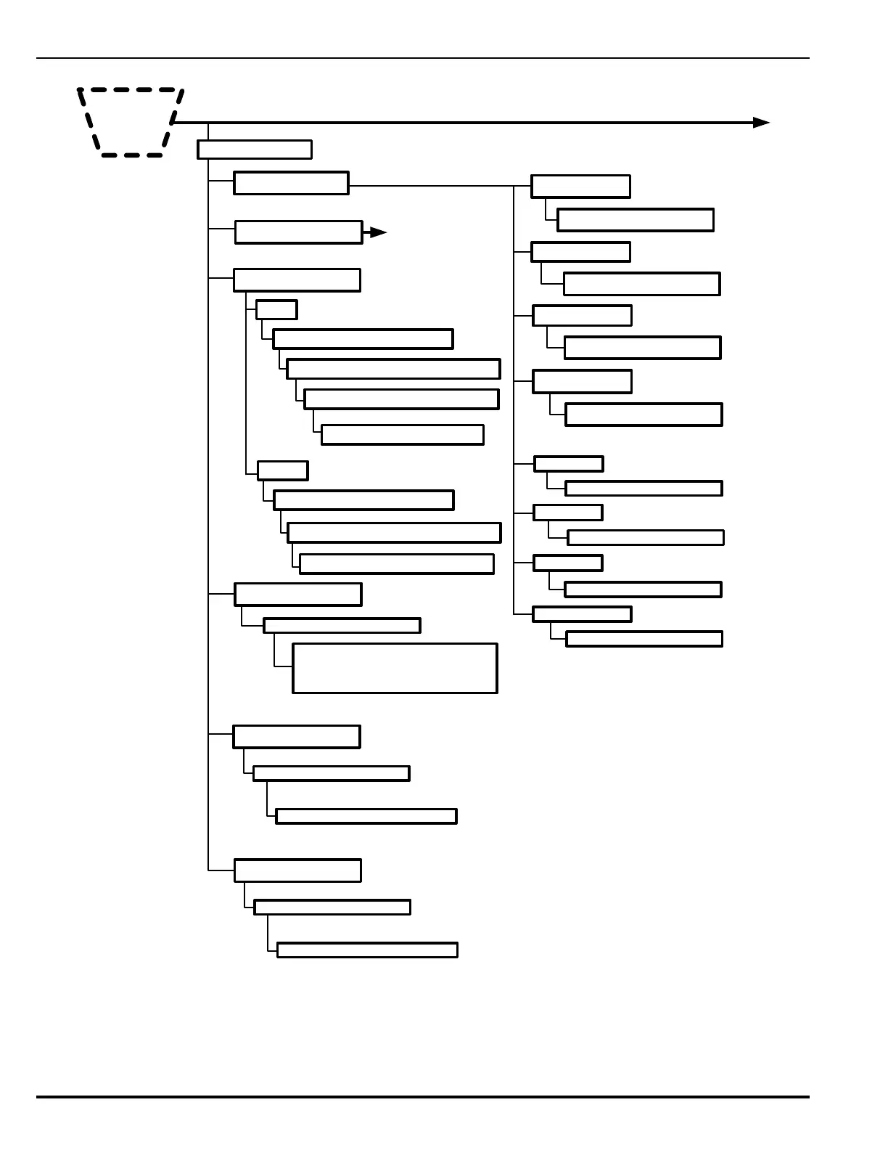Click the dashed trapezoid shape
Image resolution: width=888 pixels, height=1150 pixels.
[131, 122]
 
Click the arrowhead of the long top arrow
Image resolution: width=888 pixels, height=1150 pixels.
[761, 123]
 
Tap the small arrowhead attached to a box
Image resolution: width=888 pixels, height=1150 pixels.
[377, 232]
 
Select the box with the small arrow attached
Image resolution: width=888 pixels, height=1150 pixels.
[298, 232]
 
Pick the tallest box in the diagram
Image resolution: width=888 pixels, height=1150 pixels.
[395, 668]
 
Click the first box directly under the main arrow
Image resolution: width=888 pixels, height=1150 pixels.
[254, 150]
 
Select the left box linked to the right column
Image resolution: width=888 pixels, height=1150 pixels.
[291, 183]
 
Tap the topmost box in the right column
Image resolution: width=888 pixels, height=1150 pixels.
[580, 186]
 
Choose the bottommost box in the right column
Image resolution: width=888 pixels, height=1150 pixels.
[644, 639]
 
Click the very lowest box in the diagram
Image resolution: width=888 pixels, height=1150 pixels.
[367, 950]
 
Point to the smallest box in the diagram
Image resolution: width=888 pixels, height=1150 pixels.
[276, 309]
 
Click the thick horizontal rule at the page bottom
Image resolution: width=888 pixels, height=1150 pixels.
[422, 1097]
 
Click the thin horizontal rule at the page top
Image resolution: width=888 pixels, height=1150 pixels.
[422, 58]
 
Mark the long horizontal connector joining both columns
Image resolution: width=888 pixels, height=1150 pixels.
[431, 186]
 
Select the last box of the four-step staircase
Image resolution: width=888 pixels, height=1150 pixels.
[402, 434]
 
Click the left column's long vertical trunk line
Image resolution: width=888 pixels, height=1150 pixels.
[208, 508]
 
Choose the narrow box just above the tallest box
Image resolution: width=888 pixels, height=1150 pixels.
[342, 625]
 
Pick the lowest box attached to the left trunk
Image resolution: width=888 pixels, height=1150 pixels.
[297, 870]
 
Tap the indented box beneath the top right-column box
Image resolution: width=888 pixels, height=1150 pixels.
[635, 220]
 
